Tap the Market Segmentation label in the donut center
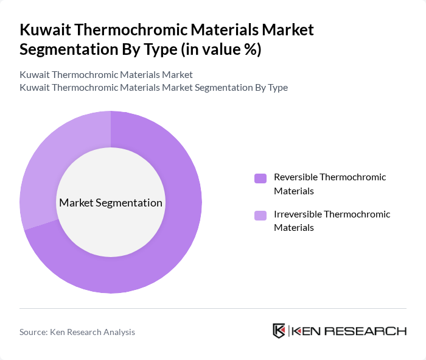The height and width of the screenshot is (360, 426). tap(111, 202)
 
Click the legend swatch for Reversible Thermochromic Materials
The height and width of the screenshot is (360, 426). tap(260, 178)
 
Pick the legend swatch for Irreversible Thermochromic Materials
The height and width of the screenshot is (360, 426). tap(260, 215)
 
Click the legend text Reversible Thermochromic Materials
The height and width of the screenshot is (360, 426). tap(330, 184)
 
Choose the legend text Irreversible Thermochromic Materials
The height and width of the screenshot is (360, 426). tap(332, 221)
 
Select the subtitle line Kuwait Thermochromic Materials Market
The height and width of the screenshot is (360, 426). tap(106, 74)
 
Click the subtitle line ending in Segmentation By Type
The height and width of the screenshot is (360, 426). tap(153, 87)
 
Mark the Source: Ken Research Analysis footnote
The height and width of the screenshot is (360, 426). tap(77, 332)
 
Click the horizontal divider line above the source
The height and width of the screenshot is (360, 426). tap(213, 308)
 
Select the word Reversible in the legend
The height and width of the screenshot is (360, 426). tap(295, 177)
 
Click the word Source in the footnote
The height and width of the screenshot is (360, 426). tap(33, 332)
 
